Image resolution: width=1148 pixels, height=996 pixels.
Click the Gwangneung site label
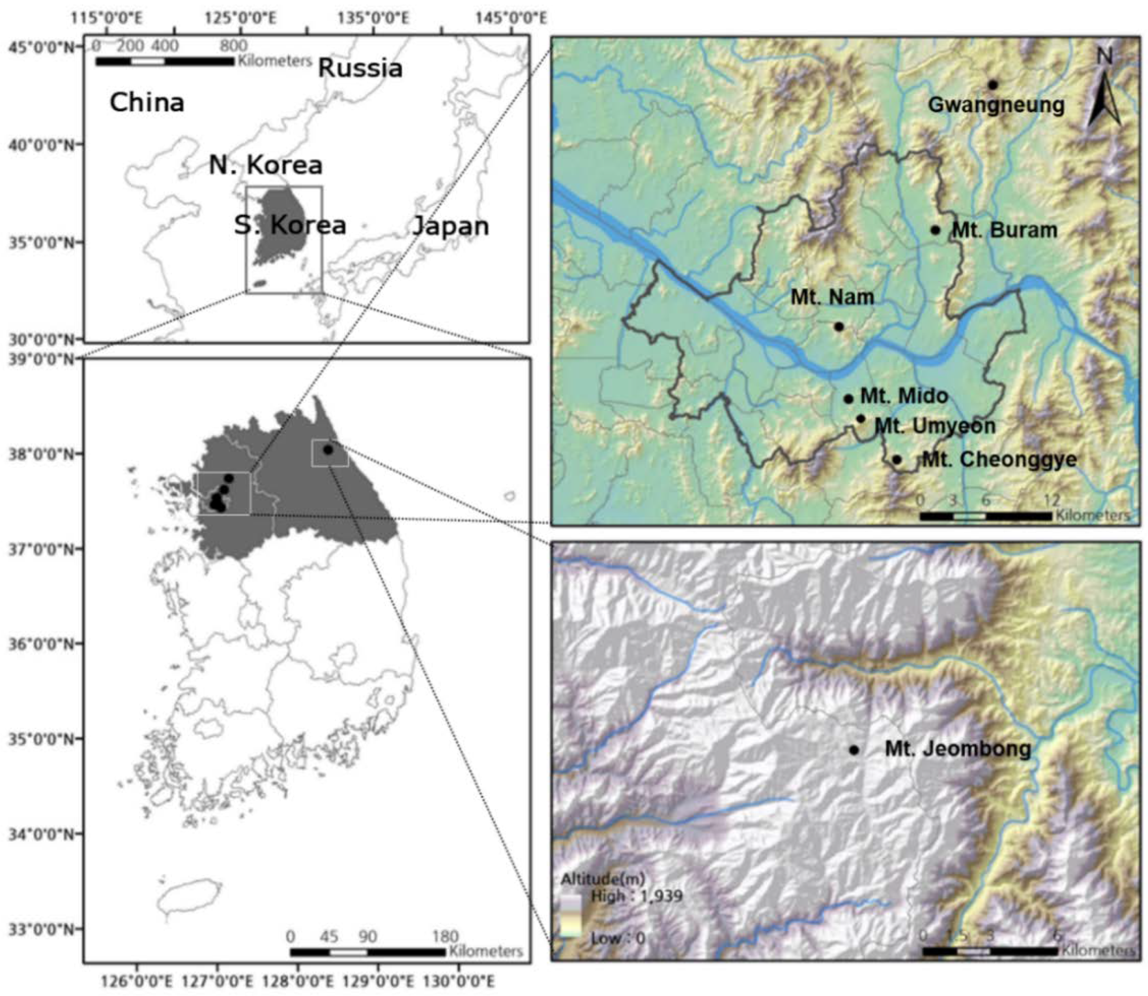click(996, 105)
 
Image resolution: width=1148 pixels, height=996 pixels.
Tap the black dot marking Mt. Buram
click(936, 230)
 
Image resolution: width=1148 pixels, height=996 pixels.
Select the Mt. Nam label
click(832, 297)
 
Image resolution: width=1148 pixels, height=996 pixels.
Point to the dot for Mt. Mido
click(848, 399)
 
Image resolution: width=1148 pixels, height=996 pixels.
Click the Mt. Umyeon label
click(935, 426)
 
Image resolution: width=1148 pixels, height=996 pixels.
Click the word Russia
click(360, 69)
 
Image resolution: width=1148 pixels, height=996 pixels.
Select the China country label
click(147, 103)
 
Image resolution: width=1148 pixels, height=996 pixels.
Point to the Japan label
click(450, 226)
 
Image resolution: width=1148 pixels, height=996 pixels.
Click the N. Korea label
click(265, 165)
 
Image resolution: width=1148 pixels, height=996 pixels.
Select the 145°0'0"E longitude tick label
click(510, 18)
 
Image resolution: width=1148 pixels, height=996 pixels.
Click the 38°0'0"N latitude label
click(41, 455)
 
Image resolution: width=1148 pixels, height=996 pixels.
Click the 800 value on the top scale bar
click(233, 45)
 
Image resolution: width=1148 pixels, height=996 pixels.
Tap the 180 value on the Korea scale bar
click(445, 937)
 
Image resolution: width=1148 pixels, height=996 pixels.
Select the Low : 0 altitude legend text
click(618, 938)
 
